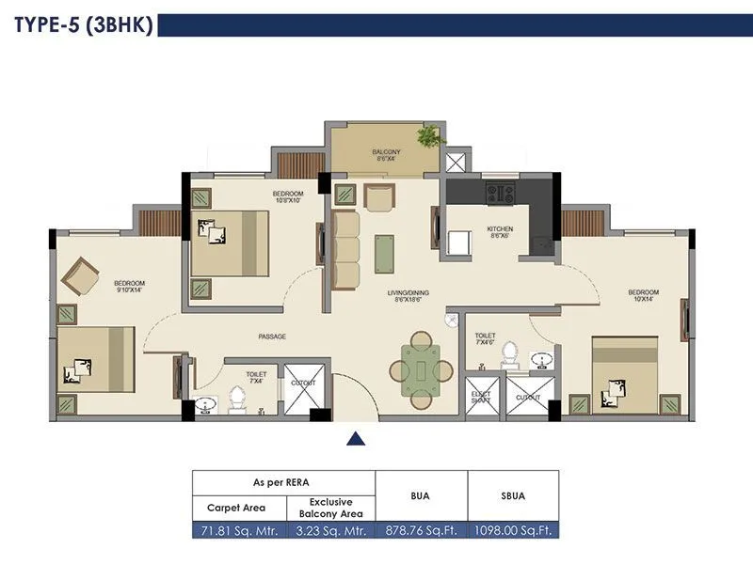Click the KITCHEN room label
498,231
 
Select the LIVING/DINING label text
408,293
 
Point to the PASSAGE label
272,337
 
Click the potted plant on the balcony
429,137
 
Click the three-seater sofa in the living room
345,249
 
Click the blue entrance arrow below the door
356,437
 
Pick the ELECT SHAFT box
480,393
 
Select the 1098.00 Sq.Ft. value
513,530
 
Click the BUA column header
421,494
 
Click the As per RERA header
283,481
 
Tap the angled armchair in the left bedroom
80,276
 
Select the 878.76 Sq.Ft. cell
421,530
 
